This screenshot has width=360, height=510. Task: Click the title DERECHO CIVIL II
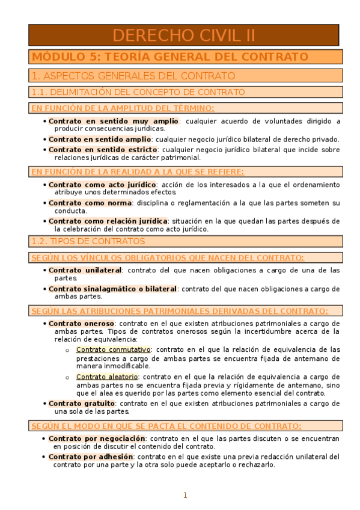point(184,35)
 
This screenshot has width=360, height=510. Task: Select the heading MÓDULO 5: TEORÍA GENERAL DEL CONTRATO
point(170,57)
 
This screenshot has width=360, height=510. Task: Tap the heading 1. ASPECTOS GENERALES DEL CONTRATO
point(133,76)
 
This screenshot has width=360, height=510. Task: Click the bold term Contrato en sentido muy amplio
point(114,121)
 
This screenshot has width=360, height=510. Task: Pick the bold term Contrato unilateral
point(85,270)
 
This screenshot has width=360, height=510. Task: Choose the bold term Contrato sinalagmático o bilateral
point(112,289)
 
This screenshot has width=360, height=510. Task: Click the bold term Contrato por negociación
point(97,438)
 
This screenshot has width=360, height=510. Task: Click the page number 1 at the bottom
point(185,496)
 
